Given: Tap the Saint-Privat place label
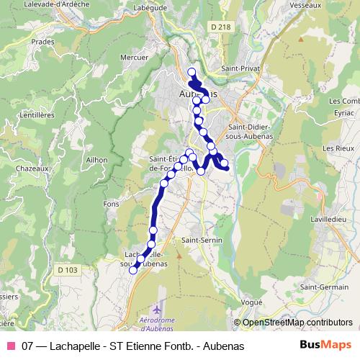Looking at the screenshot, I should coord(240,68).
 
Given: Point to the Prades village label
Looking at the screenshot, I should coord(43,62).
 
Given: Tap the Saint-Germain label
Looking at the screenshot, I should coord(320,287).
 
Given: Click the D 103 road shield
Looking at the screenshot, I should coord(67,270).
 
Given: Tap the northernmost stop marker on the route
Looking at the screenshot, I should coord(192,71).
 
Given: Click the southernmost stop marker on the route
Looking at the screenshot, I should coord(133,271).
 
